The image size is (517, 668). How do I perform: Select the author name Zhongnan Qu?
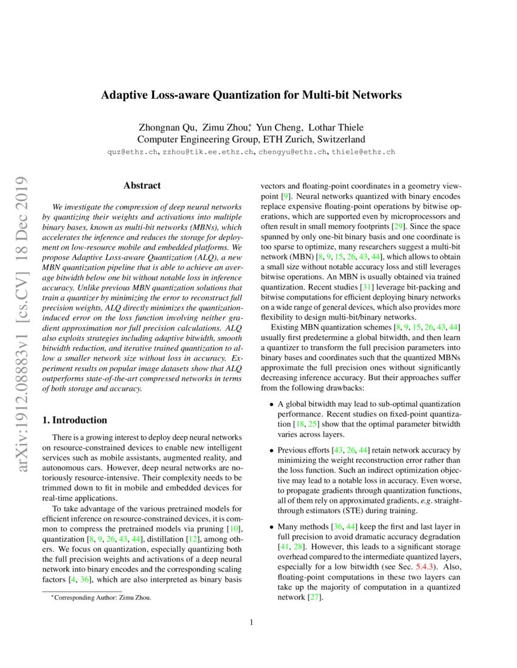(x=168, y=128)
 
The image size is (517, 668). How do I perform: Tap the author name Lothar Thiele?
(x=336, y=128)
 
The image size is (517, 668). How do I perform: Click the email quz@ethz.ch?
(x=132, y=151)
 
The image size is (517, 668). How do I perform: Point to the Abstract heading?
(x=142, y=185)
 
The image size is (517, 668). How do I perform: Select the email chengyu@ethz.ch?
(x=293, y=151)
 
